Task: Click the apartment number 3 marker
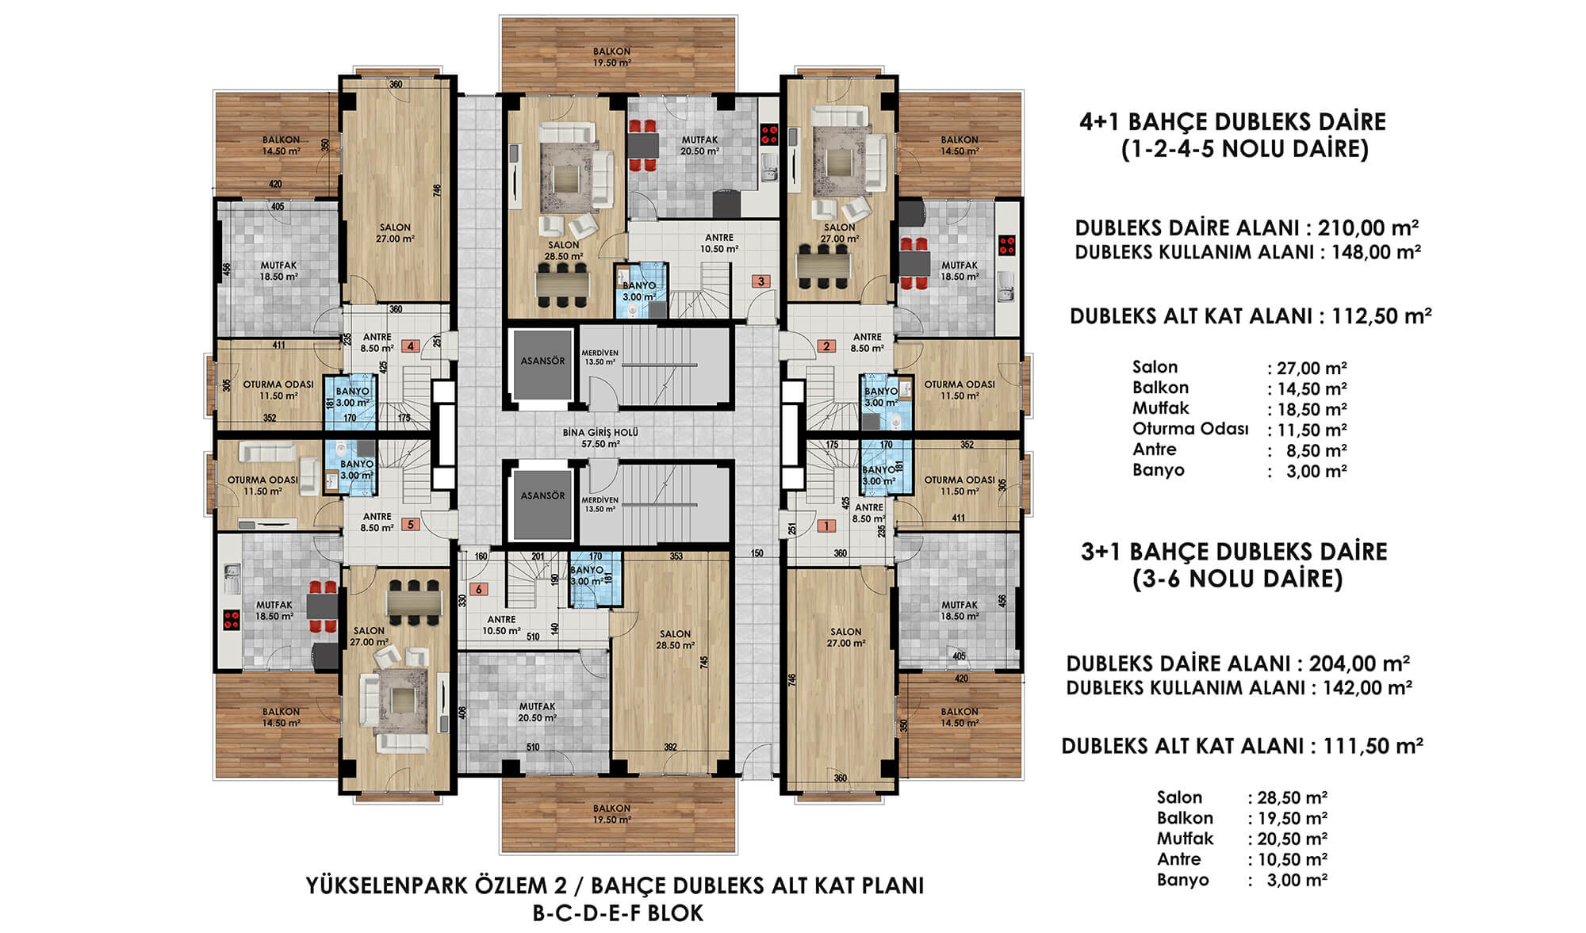[x=761, y=281]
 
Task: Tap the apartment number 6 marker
[x=478, y=589]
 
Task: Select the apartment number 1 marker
[x=826, y=526]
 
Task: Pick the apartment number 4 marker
[x=411, y=346]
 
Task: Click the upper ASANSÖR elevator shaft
[x=542, y=365]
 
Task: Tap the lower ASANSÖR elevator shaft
[x=542, y=504]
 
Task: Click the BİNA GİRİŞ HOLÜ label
[x=600, y=438]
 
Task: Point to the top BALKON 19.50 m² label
[x=612, y=57]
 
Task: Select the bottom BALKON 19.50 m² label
[x=612, y=814]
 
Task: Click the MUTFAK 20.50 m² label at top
[x=699, y=145]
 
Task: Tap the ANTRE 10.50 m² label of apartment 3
[x=719, y=243]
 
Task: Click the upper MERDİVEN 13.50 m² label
[x=600, y=357]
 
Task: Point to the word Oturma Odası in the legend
[x=1190, y=429]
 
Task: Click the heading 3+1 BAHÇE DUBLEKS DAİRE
[x=1234, y=552]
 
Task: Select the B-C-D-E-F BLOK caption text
[x=618, y=913]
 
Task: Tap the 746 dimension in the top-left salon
[x=436, y=190]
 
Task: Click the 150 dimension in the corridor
[x=757, y=553]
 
